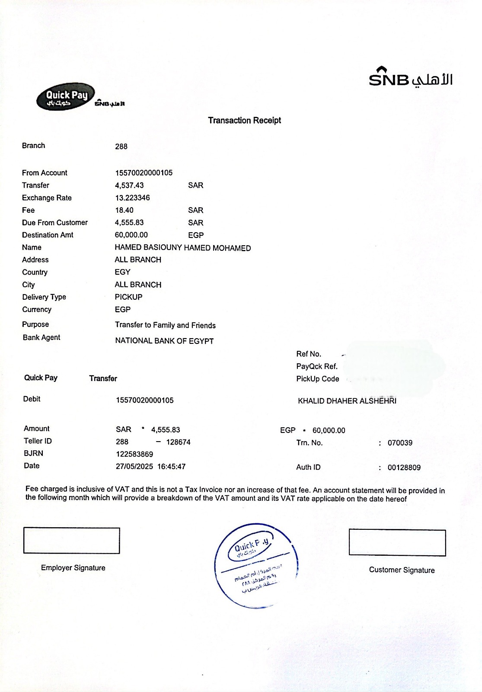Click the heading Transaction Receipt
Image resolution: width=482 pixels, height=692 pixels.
[x=244, y=120]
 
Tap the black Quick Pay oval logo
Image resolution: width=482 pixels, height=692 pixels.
[x=65, y=96]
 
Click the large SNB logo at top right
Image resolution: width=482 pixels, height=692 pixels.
[x=410, y=78]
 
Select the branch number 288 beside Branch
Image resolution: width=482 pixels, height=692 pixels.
[x=121, y=147]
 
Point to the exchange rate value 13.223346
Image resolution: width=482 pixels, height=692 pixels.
[x=132, y=198]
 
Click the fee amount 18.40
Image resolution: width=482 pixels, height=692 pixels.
[x=124, y=210]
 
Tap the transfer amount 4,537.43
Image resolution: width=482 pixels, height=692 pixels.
[x=129, y=185]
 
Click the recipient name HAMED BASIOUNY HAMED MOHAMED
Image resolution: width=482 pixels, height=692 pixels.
[x=182, y=248]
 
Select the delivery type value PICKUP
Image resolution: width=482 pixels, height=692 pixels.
[x=128, y=297]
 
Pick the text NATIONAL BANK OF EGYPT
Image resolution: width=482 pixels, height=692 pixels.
[x=164, y=341]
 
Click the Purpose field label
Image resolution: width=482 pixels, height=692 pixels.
[x=35, y=324]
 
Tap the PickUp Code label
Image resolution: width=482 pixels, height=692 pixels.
[x=317, y=379]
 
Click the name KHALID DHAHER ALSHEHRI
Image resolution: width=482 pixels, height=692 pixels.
[x=347, y=401]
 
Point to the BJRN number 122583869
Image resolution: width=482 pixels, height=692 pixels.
[x=134, y=454]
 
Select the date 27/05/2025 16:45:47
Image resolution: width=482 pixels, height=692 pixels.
[x=150, y=467]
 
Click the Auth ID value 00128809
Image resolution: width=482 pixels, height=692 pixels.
[x=404, y=468]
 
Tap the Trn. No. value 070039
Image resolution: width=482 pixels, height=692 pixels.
[x=400, y=443]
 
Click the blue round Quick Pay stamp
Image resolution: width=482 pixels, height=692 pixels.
[x=256, y=564]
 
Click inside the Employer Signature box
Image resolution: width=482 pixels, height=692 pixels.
[x=71, y=541]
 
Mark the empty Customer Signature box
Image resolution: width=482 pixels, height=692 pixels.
[x=397, y=543]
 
